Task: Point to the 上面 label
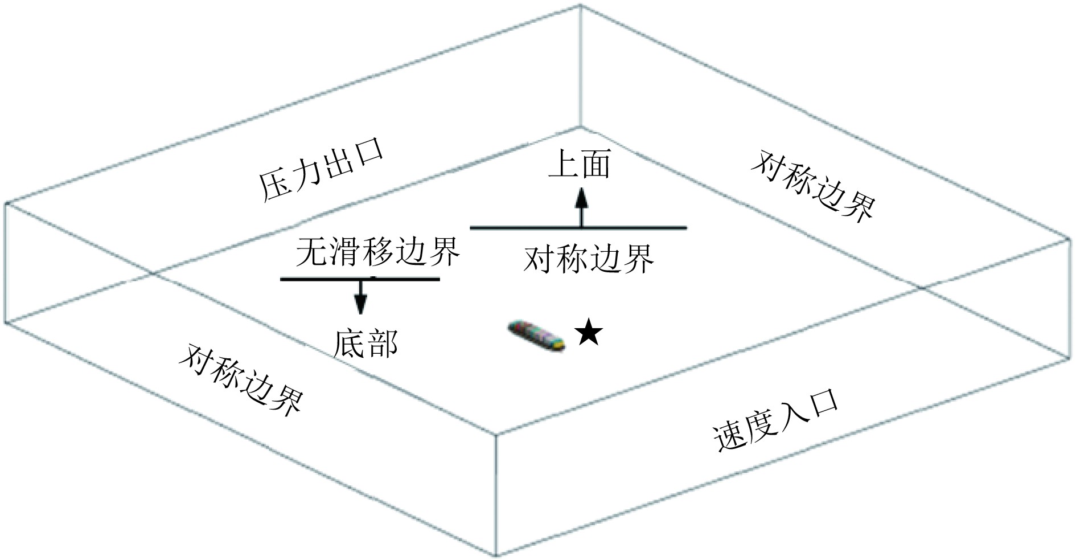580,165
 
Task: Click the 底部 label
365,344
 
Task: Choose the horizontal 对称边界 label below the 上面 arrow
589,260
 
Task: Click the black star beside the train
588,333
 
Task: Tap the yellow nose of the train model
560,344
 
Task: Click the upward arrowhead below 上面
581,198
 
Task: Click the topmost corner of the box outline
580,6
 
